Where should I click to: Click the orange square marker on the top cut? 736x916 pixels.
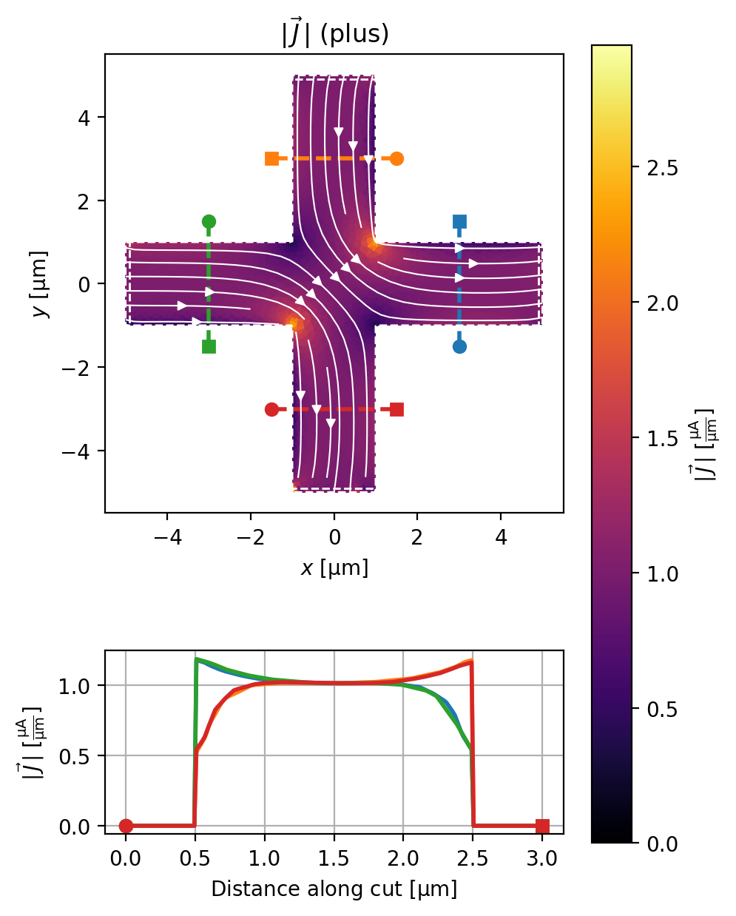click(271, 158)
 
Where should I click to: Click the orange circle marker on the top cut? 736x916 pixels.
click(396, 158)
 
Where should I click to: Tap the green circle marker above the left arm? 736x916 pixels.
click(209, 221)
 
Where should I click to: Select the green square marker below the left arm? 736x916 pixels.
click(209, 346)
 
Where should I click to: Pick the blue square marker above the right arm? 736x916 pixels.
click(459, 221)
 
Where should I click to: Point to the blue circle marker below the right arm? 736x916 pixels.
click(459, 346)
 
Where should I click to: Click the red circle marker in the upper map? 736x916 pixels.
click(271, 409)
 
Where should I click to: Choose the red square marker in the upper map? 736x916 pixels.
click(396, 409)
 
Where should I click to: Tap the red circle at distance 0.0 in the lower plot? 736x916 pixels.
click(126, 826)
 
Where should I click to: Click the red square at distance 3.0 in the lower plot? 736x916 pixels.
click(542, 826)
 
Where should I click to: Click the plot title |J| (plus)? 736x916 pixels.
click(335, 33)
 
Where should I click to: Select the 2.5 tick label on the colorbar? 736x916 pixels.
click(662, 169)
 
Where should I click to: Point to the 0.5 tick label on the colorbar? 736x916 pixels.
click(662, 709)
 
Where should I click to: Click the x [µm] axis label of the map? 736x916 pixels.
click(334, 568)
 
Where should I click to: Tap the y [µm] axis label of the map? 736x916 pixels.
click(40, 284)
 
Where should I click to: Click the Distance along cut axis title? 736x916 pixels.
click(334, 889)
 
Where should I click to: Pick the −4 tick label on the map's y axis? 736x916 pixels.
click(75, 451)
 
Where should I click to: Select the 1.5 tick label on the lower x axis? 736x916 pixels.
click(334, 858)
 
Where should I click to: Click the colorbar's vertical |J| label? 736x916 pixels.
click(704, 445)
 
